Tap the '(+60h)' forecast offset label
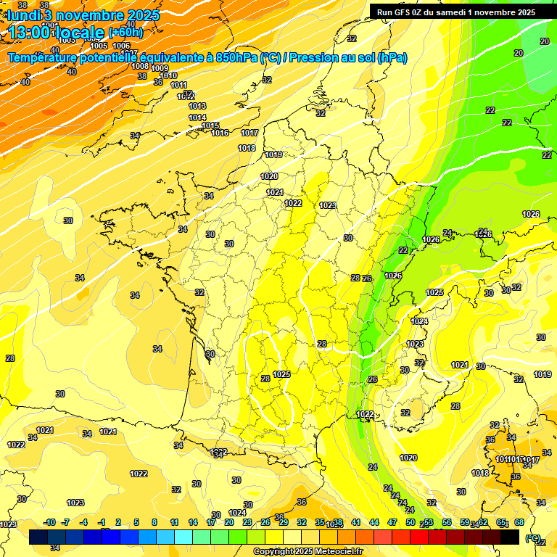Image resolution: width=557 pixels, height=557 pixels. [x=125, y=32]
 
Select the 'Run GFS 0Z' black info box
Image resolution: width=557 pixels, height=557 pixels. [x=456, y=12]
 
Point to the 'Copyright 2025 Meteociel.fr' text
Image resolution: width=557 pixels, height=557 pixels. [x=308, y=551]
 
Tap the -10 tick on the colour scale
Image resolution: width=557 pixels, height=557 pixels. [x=49, y=522]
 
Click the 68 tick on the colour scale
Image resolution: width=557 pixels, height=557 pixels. [x=519, y=522]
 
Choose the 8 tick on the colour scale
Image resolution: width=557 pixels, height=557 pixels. [x=154, y=522]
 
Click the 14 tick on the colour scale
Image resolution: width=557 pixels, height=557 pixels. [x=193, y=522]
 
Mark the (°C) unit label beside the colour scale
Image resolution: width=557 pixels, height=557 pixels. [x=533, y=538]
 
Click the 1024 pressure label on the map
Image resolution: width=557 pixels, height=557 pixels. [x=419, y=321]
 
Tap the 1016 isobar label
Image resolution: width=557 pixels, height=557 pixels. [x=220, y=133]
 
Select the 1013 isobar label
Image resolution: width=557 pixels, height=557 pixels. [x=197, y=106]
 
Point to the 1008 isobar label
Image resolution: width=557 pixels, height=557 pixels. [x=140, y=66]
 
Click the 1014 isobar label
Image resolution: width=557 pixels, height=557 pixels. [x=197, y=117]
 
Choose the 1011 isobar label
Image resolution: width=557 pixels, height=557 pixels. [x=178, y=85]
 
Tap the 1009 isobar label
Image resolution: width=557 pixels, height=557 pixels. [x=160, y=68]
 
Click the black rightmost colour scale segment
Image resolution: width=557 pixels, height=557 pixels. [x=510, y=537]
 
